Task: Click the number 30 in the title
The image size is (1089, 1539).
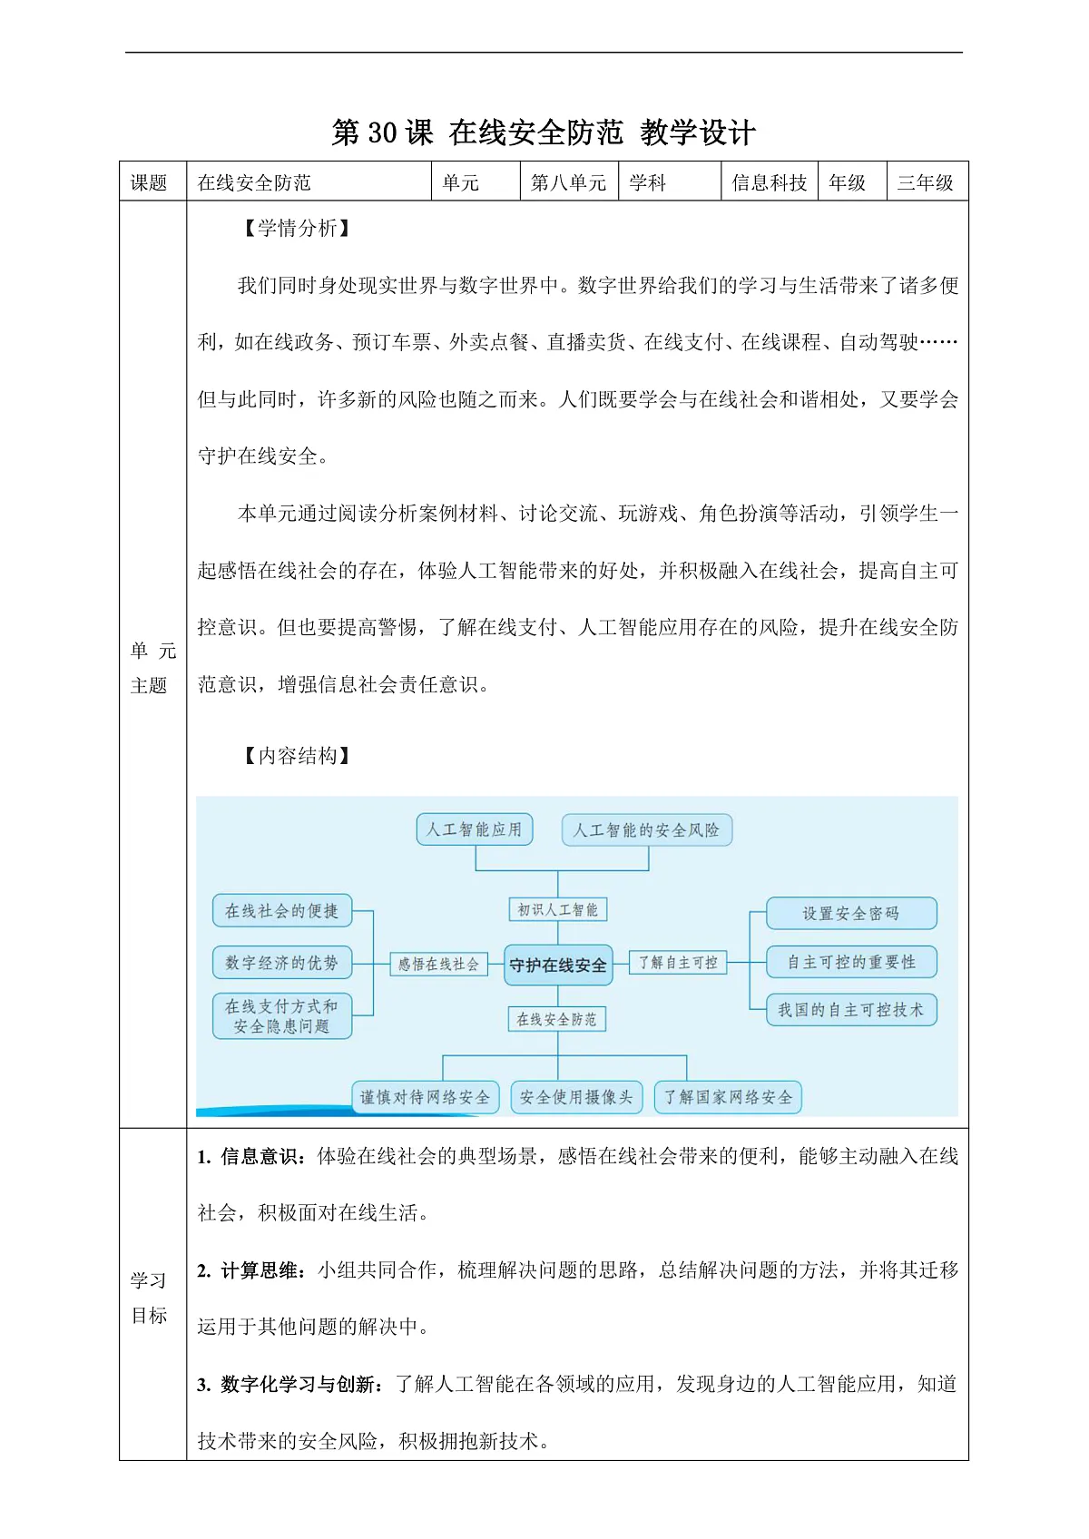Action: (382, 132)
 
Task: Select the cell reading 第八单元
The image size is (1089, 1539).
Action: (568, 182)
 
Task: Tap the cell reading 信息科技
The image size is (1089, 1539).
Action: (769, 182)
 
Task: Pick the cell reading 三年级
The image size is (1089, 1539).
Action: (926, 182)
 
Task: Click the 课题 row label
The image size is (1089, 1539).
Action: (149, 182)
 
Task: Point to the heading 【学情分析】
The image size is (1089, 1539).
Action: (297, 228)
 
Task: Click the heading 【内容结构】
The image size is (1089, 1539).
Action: (297, 756)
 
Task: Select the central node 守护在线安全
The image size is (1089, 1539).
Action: (558, 966)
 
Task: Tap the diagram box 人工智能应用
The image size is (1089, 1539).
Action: (474, 829)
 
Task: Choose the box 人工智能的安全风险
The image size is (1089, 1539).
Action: (646, 830)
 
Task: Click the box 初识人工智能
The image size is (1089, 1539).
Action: (558, 909)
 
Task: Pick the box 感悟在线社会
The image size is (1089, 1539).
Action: (438, 964)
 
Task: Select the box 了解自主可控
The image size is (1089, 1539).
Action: (678, 963)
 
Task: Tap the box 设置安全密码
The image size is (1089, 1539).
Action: (851, 913)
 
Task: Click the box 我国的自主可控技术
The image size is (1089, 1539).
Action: (851, 1009)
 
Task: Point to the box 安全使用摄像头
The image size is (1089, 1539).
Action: (576, 1097)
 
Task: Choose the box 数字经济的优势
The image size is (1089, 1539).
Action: (281, 963)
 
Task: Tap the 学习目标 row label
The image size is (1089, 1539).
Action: (149, 1298)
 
